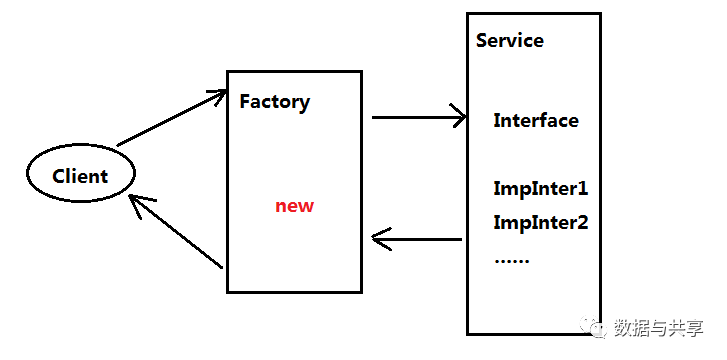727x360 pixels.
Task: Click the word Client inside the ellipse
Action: pos(80,176)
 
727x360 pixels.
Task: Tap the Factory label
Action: pos(274,102)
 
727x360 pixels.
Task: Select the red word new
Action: pos(294,206)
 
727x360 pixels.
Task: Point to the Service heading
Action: pos(510,40)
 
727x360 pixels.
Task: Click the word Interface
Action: pos(536,121)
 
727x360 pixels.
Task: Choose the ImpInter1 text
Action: pos(541,189)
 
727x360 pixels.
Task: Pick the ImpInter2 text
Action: pos(541,223)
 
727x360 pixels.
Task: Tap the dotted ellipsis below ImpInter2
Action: pos(512,261)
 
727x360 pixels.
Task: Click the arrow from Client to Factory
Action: pos(171,118)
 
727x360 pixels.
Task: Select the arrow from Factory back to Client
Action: pos(175,231)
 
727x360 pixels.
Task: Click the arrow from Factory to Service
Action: pos(419,117)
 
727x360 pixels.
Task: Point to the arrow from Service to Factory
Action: pos(417,239)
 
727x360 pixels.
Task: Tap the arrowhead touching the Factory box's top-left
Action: pos(217,96)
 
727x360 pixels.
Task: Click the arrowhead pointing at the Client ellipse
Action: pos(140,205)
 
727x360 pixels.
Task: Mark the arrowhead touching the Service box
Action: pos(458,116)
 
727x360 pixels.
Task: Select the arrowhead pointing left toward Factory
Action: pos(382,239)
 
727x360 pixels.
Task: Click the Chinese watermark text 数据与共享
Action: pos(658,328)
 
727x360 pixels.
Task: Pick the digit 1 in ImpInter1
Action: pos(583,189)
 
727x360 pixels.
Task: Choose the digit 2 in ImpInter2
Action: pos(583,223)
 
